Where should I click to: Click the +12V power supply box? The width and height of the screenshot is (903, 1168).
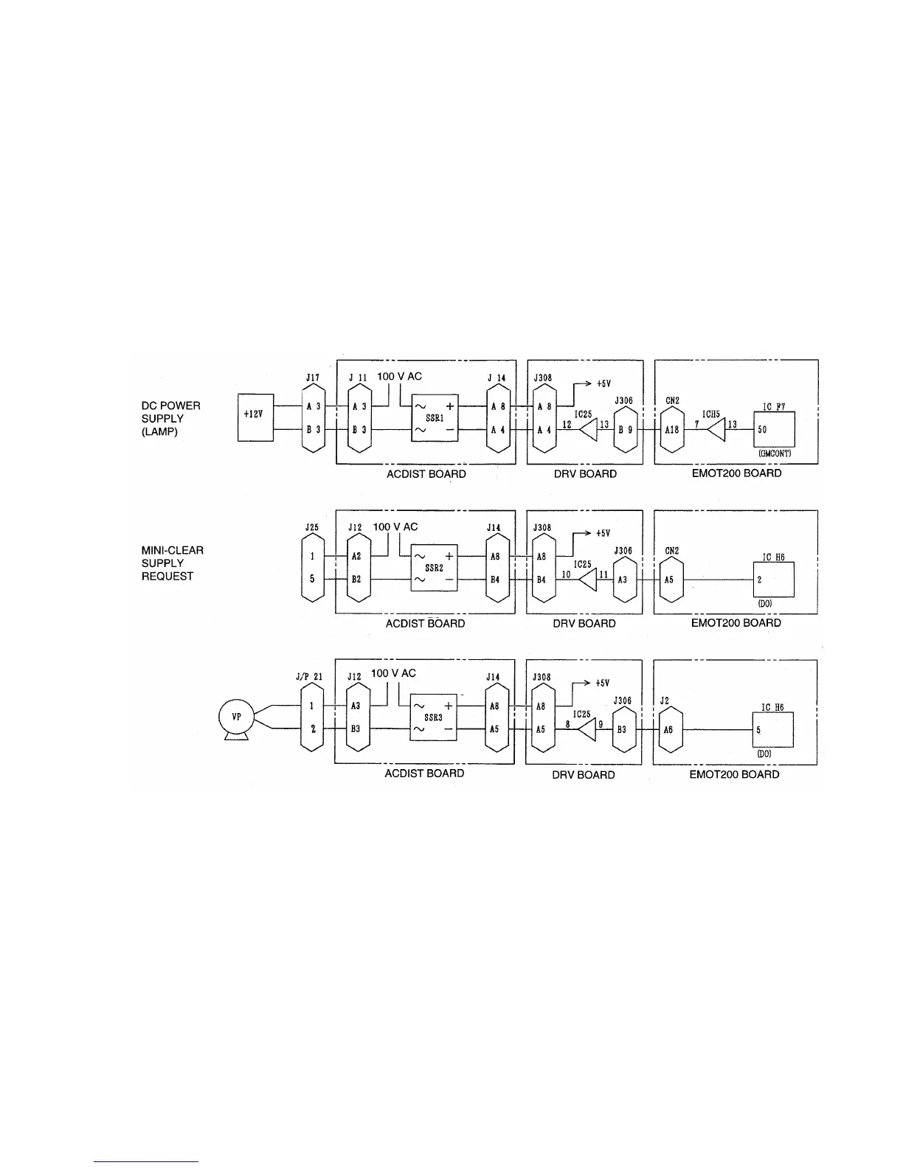[x=255, y=417]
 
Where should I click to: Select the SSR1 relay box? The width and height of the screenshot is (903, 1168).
[x=434, y=418]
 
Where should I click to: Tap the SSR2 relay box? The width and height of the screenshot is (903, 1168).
[x=434, y=568]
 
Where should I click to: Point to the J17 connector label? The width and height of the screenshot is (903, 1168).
[x=313, y=378]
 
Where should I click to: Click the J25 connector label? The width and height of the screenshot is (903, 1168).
[x=311, y=528]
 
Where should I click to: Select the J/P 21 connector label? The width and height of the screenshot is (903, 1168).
[x=309, y=677]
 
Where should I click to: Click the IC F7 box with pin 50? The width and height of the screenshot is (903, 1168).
[x=773, y=429]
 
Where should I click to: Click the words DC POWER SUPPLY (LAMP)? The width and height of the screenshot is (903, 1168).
[x=171, y=419]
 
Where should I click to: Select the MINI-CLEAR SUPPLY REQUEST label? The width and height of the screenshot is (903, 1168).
[x=173, y=563]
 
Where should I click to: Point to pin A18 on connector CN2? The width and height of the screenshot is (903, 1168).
[x=672, y=429]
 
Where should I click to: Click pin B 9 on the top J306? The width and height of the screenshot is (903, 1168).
[x=625, y=429]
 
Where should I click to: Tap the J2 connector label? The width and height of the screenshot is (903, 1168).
[x=665, y=701]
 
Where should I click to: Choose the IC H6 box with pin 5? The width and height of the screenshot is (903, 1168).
[x=772, y=729]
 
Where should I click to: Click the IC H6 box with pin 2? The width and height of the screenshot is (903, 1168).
[x=773, y=580]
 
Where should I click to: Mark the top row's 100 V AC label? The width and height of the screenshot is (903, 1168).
[x=399, y=376]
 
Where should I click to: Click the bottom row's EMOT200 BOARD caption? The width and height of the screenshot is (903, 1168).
[x=734, y=774]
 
